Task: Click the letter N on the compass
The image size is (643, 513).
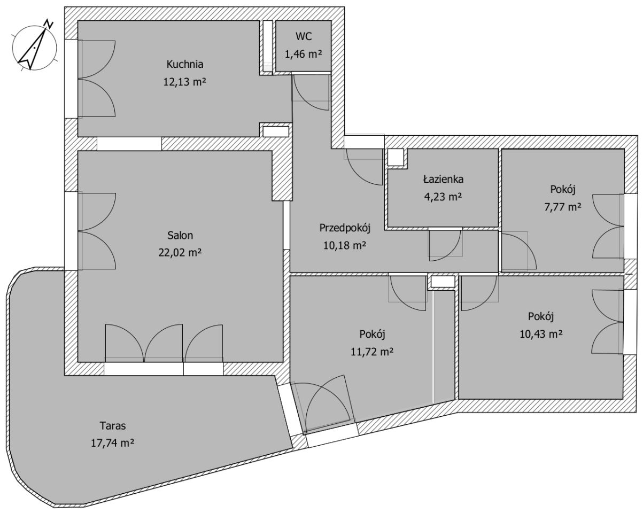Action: click(49, 24)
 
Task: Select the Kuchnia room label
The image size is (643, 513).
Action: click(184, 64)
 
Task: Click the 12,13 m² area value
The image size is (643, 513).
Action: click(184, 82)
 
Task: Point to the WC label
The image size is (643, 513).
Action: click(304, 36)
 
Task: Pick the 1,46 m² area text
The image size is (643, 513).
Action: click(303, 54)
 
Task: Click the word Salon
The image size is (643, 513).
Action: click(180, 236)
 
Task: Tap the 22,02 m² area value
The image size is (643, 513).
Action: click(180, 253)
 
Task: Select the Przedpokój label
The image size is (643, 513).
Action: click(345, 228)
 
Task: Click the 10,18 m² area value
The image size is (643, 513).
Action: click(345, 246)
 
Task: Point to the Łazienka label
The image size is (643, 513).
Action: click(443, 179)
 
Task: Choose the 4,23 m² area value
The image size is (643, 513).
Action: click(443, 197)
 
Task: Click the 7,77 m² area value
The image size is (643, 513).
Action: click(563, 207)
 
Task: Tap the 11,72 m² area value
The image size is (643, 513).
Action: click(372, 352)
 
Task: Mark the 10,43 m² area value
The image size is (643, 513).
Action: click(541, 334)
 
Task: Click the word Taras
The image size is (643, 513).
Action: click(113, 425)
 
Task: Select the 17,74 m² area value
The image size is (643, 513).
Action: click(112, 443)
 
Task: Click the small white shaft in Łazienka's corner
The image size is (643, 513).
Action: click(396, 157)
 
